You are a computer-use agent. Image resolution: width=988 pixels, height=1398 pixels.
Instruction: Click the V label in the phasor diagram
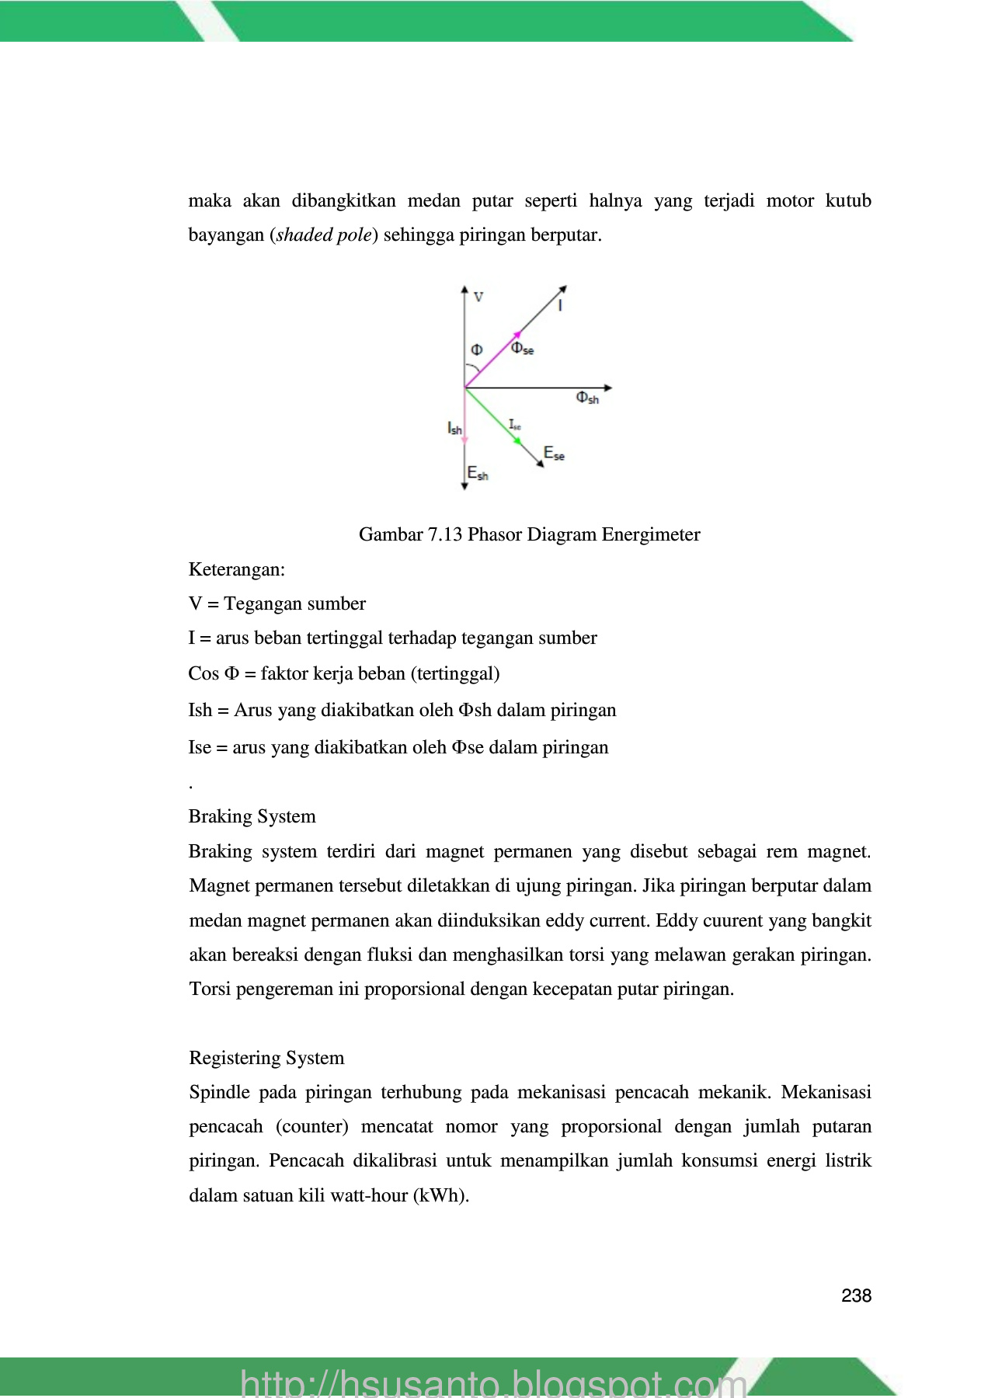pyautogui.click(x=478, y=297)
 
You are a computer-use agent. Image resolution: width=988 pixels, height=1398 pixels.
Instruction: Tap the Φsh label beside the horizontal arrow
pyautogui.click(x=587, y=398)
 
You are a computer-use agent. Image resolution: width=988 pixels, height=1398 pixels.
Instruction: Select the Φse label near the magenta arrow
pyautogui.click(x=522, y=349)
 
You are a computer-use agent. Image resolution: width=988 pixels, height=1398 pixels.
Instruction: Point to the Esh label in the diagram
pyautogui.click(x=478, y=473)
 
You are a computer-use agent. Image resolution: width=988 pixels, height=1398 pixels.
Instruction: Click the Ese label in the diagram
pyautogui.click(x=554, y=454)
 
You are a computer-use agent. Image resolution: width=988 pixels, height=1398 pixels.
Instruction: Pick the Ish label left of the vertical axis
pyautogui.click(x=454, y=428)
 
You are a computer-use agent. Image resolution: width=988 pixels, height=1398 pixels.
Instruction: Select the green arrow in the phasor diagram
pyautogui.click(x=494, y=416)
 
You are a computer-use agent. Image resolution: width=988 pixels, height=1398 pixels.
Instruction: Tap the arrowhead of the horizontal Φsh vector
pyautogui.click(x=608, y=388)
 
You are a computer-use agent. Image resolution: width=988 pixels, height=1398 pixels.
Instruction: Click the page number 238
pyautogui.click(x=856, y=1295)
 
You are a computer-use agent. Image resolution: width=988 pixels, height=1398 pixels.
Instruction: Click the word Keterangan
pyautogui.click(x=237, y=569)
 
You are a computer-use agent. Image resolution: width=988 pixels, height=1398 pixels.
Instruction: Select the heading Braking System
pyautogui.click(x=252, y=816)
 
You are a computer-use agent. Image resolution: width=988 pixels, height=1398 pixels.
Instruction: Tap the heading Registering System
pyautogui.click(x=266, y=1058)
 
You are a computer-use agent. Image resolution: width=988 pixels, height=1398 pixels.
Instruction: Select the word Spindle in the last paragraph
pyautogui.click(x=218, y=1092)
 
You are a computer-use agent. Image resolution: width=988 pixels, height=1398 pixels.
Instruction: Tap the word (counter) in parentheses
pyautogui.click(x=312, y=1126)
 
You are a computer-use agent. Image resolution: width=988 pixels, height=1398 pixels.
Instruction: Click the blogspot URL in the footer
pyautogui.click(x=494, y=1382)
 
